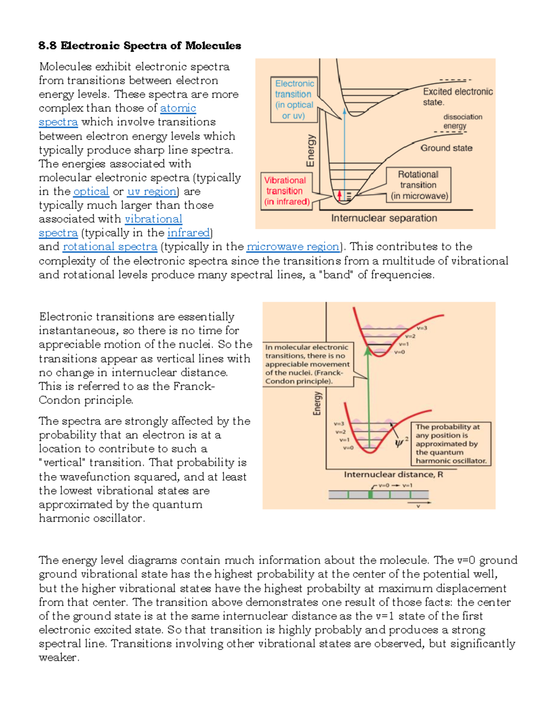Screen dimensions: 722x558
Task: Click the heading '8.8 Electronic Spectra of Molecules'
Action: tap(139, 46)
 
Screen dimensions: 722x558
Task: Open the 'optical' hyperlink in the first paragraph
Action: tap(91, 192)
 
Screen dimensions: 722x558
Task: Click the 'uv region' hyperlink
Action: tap(152, 192)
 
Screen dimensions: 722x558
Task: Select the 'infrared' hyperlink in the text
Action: tap(188, 232)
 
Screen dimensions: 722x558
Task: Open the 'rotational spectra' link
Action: tap(110, 246)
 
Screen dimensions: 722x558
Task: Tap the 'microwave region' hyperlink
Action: tap(293, 246)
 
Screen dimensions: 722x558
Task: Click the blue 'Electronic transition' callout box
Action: tap(294, 99)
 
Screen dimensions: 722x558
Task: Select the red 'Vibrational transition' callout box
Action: tap(286, 191)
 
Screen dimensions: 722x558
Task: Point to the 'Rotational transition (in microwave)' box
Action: tap(418, 185)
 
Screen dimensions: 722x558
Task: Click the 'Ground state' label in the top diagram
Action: tap(446, 148)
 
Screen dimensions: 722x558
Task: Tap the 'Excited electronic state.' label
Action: tap(457, 97)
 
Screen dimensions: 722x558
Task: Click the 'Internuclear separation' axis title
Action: tap(384, 218)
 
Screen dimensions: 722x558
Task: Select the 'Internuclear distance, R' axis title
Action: tap(393, 475)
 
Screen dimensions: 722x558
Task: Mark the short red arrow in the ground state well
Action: tap(339, 196)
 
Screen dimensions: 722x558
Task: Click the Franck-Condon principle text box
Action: tap(308, 364)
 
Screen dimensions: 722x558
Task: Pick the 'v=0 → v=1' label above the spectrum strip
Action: tap(395, 485)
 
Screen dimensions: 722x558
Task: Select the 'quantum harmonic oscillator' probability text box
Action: tap(451, 444)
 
